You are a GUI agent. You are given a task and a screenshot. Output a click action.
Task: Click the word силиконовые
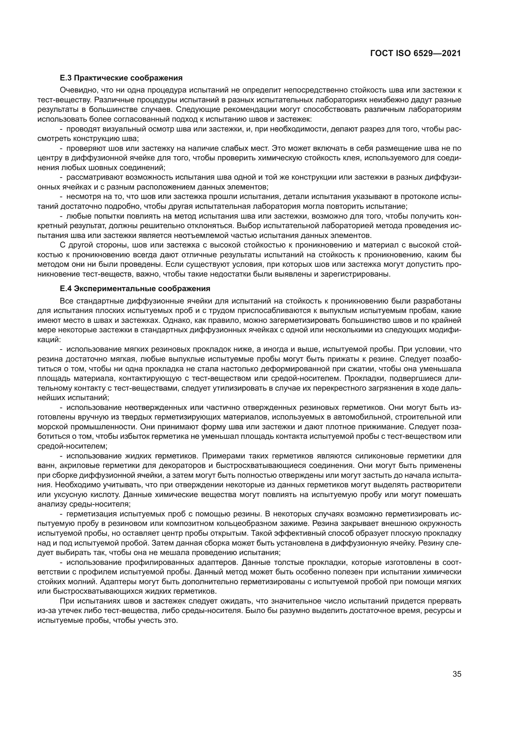380,456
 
